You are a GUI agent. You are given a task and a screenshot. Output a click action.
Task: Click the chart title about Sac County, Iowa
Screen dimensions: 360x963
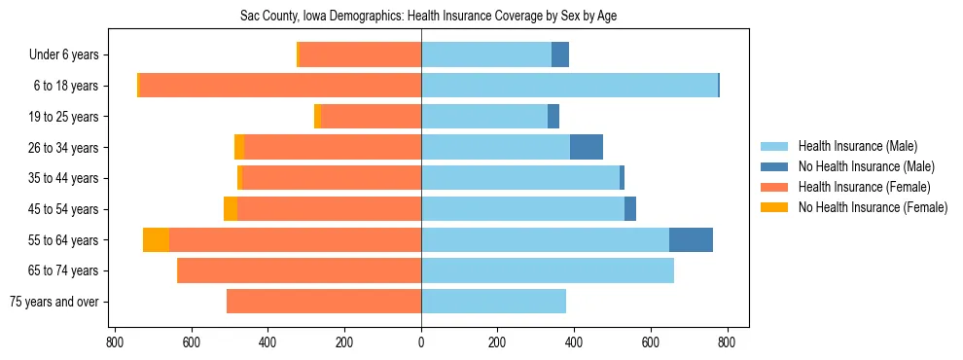click(429, 16)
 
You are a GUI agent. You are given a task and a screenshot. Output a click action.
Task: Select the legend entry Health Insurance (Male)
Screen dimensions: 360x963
click(857, 147)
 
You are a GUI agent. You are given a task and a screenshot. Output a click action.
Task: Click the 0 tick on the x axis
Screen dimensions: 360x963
click(421, 342)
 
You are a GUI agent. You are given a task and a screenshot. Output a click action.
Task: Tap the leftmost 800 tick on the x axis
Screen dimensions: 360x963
click(115, 342)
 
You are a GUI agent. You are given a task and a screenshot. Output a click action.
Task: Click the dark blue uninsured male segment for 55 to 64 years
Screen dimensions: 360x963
click(691, 239)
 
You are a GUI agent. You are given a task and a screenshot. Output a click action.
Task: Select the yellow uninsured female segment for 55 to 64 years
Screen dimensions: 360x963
click(156, 239)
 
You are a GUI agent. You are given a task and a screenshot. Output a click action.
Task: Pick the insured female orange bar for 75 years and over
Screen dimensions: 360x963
click(324, 302)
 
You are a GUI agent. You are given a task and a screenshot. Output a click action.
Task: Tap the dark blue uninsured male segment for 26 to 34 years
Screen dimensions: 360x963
click(587, 147)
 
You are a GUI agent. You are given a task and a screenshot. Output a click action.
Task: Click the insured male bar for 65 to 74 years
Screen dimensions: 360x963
click(548, 270)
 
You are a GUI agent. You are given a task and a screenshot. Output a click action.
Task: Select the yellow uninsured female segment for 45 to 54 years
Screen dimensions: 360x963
click(231, 209)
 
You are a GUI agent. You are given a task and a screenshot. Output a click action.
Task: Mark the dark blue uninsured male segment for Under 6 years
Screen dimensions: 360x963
click(560, 54)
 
